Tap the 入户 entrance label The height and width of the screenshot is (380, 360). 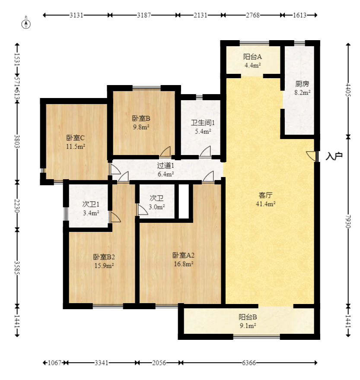[x=334, y=156]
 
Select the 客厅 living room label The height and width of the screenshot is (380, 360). [x=265, y=195]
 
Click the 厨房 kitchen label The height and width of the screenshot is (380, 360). [x=302, y=84]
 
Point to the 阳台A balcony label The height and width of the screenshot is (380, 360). [x=252, y=57]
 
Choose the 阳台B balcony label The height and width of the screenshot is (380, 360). [x=248, y=317]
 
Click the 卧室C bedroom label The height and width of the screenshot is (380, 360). [x=76, y=138]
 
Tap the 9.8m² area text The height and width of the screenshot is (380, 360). [x=141, y=127]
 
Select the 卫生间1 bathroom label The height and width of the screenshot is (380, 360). [x=203, y=123]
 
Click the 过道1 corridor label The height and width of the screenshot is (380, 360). [x=166, y=165]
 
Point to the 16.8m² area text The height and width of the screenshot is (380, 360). [x=183, y=264]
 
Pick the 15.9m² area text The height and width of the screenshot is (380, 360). [x=104, y=266]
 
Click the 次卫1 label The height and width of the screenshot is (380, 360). [x=91, y=204]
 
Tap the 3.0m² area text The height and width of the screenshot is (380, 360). [x=157, y=207]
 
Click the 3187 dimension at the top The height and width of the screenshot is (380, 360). [x=144, y=15]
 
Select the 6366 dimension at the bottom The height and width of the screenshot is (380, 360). [x=249, y=363]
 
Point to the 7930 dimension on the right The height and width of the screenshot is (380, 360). [x=348, y=222]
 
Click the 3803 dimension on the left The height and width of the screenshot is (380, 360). [x=17, y=141]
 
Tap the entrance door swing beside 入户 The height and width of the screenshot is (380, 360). [x=312, y=156]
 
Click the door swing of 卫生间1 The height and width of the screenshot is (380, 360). [x=205, y=152]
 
